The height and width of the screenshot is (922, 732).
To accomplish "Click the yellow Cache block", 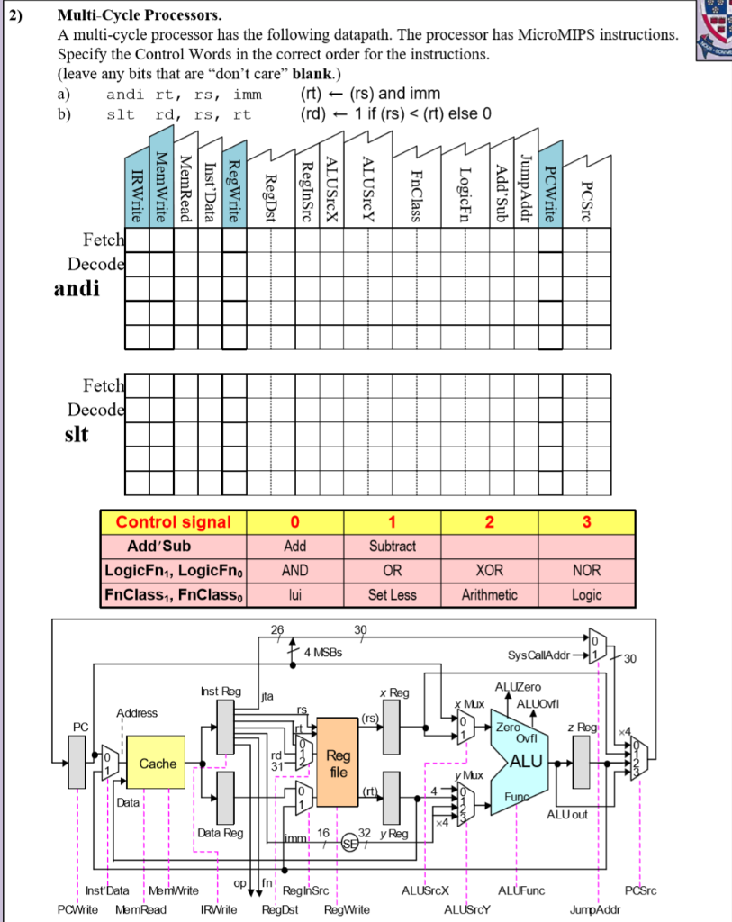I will [158, 764].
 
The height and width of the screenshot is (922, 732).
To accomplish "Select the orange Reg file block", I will [338, 764].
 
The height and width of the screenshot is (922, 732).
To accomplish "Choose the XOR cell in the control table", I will [489, 570].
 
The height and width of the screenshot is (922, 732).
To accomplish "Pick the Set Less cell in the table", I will [392, 594].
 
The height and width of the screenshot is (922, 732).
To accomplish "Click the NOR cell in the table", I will [586, 570].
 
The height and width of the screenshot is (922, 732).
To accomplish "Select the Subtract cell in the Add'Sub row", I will [392, 546].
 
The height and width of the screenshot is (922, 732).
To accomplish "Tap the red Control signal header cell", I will [173, 522].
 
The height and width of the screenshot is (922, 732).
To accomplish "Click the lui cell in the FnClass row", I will [294, 594].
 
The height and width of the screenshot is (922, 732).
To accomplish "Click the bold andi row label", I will [77, 289].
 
